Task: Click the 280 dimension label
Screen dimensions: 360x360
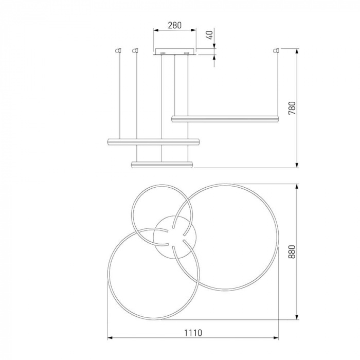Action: (174, 25)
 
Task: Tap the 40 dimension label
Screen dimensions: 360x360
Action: (210, 34)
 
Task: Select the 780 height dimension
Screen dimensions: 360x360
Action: (292, 108)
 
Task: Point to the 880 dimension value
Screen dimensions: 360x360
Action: (292, 251)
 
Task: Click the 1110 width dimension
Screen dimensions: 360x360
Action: (193, 333)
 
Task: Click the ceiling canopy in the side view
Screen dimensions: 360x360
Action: (175, 51)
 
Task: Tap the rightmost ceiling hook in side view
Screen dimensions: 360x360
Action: (276, 50)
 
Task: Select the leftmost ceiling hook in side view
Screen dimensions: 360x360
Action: (118, 50)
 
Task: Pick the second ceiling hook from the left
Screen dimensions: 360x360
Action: (135, 50)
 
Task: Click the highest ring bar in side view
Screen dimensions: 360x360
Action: (225, 119)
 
